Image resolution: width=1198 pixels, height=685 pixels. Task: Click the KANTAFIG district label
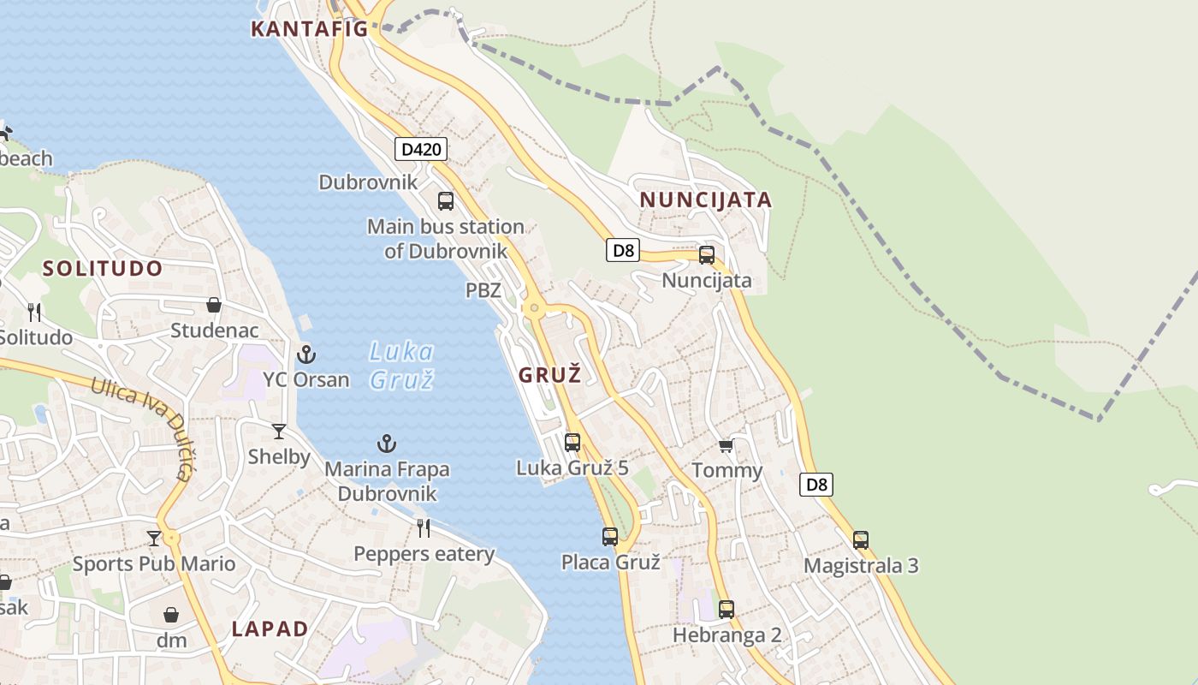(309, 29)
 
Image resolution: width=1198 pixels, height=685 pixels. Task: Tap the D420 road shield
(421, 149)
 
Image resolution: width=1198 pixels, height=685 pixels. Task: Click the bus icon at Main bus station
(446, 201)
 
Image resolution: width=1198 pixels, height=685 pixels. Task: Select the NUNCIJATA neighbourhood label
(706, 200)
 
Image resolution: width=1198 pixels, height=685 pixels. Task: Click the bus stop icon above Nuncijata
(707, 254)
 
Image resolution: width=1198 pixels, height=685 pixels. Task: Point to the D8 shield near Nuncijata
(624, 250)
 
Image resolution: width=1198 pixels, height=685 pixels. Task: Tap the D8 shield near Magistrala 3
(817, 485)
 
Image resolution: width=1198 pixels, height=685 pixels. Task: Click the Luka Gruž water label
(401, 365)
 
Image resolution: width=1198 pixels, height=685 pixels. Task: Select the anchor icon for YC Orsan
(305, 354)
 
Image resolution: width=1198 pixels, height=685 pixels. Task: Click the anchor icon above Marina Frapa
(387, 444)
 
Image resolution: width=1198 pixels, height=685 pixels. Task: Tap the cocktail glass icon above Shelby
(279, 431)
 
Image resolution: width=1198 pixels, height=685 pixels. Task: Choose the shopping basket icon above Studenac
(214, 305)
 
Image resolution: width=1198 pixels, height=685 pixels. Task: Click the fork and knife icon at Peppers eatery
(424, 527)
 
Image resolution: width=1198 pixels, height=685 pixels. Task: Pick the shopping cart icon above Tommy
(727, 444)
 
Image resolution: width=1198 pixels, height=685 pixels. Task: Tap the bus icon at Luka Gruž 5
(572, 443)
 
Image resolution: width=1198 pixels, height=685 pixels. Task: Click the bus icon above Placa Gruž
(610, 537)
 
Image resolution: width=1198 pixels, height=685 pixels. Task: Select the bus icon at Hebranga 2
(727, 610)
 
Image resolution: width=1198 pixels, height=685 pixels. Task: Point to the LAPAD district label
(270, 628)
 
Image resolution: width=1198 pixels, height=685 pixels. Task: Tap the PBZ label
(483, 290)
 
